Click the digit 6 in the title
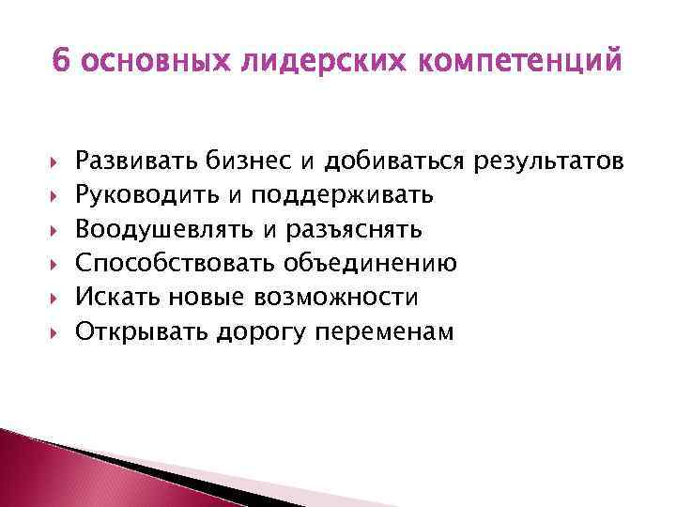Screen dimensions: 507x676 62,62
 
